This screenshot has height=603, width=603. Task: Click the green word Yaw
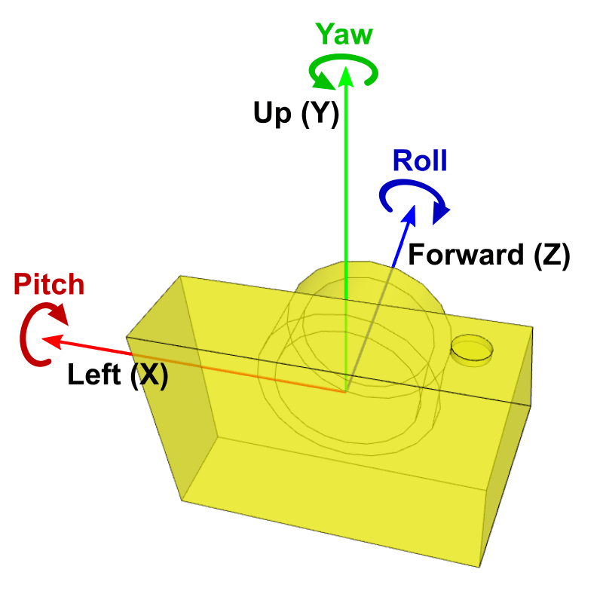(344, 35)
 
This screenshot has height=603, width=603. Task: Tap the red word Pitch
(50, 285)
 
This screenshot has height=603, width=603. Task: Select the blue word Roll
(420, 161)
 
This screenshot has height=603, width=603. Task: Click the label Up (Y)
(296, 113)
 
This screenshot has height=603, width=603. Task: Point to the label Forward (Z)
(488, 255)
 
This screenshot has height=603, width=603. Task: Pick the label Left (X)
(118, 375)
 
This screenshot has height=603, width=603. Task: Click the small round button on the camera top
(473, 350)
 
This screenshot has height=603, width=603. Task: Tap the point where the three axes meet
(345, 390)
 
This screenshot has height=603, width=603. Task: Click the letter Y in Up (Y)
(320, 114)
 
